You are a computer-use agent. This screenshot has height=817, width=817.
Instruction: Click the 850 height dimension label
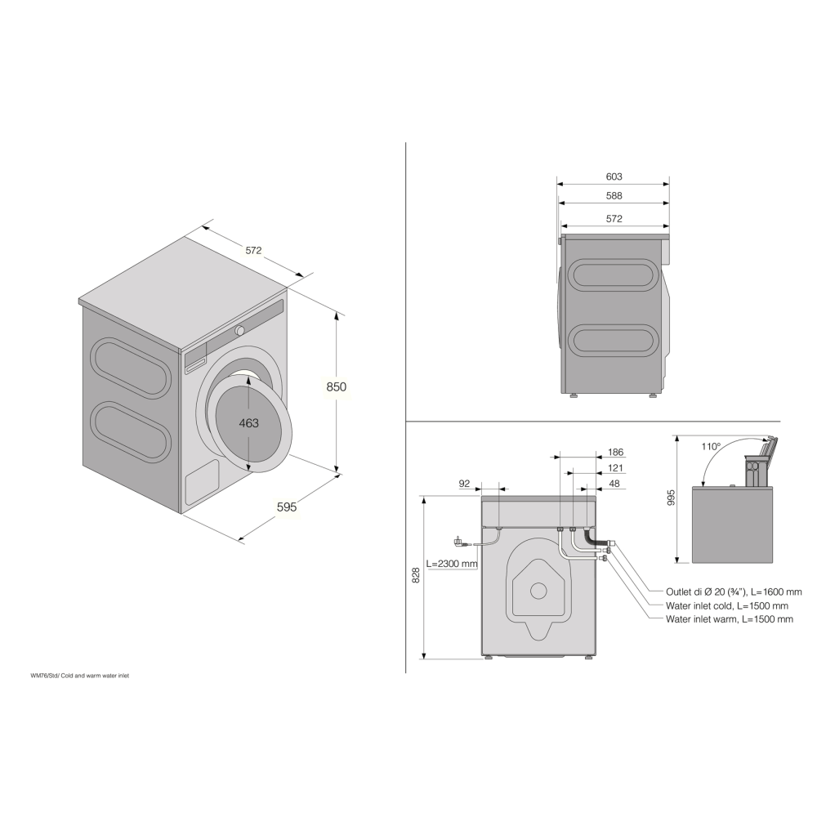[x=337, y=387]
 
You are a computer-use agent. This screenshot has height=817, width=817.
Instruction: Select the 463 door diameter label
[x=248, y=422]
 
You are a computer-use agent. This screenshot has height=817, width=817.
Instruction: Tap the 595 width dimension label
[x=287, y=507]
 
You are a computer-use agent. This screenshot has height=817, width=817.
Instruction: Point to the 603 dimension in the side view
[x=614, y=176]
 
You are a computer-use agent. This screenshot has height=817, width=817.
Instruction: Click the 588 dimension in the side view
[x=614, y=196]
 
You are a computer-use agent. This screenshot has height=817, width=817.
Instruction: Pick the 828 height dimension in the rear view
[x=415, y=575]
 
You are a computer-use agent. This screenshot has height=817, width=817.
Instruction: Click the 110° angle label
[x=710, y=447]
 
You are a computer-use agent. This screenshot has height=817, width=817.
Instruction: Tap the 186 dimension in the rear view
[x=615, y=452]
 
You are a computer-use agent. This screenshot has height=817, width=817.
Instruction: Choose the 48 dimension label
[x=615, y=484]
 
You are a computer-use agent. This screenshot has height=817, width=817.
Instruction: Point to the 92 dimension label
[x=464, y=484]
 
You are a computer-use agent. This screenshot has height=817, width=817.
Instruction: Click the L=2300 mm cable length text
[x=452, y=564]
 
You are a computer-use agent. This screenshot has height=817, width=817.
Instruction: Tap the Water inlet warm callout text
[x=729, y=619]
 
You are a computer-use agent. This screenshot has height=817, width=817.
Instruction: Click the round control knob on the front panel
[x=240, y=330]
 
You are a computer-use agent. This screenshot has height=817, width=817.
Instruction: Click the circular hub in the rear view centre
[x=538, y=589]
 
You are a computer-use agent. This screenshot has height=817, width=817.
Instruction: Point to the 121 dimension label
[x=615, y=468]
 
